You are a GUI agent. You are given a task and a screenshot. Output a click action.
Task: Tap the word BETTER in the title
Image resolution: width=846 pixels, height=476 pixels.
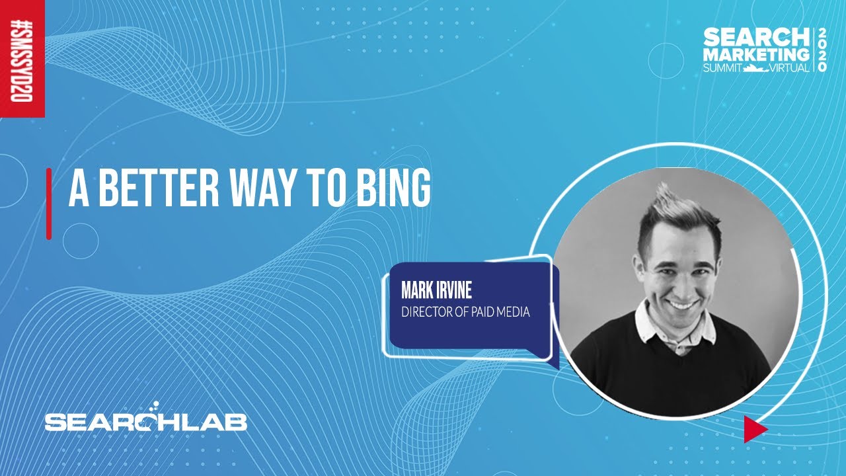coord(159,187)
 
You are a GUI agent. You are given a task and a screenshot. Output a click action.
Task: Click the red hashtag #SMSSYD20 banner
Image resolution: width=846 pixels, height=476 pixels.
coord(22,59)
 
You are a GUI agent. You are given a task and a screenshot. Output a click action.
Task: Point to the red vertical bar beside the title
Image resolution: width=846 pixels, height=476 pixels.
coord(49,204)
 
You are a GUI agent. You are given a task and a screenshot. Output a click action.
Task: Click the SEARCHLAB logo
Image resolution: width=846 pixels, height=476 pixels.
coord(146,417)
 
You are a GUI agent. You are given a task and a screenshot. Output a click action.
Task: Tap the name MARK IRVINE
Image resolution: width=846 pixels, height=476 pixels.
coord(436,290)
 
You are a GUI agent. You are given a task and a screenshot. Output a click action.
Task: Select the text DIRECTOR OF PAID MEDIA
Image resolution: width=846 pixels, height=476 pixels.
coord(465,312)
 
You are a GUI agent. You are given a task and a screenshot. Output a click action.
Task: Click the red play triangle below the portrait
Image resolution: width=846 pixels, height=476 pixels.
coord(755,429)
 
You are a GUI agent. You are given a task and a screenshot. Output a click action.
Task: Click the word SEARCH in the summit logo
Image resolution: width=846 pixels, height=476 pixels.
coord(754,37)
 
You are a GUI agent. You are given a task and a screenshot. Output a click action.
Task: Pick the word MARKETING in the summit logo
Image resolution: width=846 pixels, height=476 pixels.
coord(755,54)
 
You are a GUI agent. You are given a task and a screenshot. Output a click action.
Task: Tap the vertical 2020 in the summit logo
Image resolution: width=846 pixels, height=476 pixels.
coord(822,50)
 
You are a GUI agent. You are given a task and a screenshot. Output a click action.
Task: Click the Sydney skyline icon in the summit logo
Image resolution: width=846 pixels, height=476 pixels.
coord(756,68)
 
